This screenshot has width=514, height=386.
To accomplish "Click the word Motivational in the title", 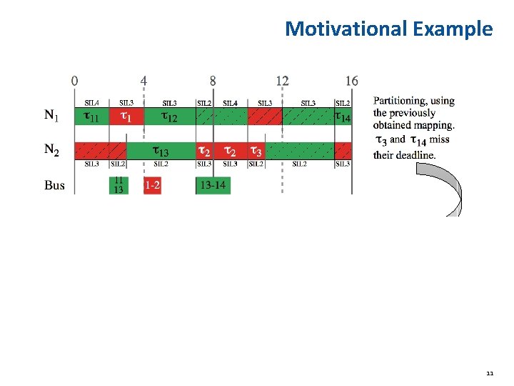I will pyautogui.click(x=346, y=29).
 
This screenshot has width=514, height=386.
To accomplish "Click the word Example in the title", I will pyautogui.click(x=452, y=29).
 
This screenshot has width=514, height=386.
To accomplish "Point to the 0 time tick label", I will pyautogui.click(x=75, y=81).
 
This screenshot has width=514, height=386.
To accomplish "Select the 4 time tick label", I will pyautogui.click(x=144, y=81).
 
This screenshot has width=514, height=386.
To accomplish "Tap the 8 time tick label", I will pyautogui.click(x=213, y=81).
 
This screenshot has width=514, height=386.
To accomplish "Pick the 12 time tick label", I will pyautogui.click(x=282, y=81).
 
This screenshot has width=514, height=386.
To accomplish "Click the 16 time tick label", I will pyautogui.click(x=351, y=81).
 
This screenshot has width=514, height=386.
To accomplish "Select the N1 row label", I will pyautogui.click(x=52, y=115).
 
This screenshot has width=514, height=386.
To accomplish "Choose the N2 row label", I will pyautogui.click(x=52, y=149).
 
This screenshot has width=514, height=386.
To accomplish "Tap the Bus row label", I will pyautogui.click(x=54, y=185).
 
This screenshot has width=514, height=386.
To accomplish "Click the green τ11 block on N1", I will pyautogui.click(x=91, y=116).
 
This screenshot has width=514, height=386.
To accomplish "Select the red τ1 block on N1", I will pyautogui.click(x=126, y=116).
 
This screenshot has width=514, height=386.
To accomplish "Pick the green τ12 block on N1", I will pyautogui.click(x=169, y=116).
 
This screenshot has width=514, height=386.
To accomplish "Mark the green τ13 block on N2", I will pyautogui.click(x=161, y=150).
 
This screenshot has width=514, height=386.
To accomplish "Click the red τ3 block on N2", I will pyautogui.click(x=256, y=150).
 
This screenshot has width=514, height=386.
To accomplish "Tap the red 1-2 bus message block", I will pyautogui.click(x=152, y=185).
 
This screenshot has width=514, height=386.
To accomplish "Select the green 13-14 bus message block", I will pyautogui.click(x=213, y=185).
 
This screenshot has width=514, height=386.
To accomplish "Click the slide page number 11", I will pyautogui.click(x=489, y=373).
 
